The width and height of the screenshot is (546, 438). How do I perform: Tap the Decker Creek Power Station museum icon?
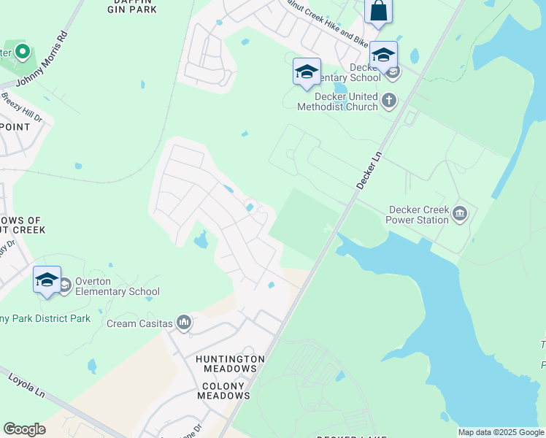(460, 213)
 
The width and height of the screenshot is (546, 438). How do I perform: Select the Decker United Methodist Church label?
(337, 101)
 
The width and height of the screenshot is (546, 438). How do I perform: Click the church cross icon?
(389, 100)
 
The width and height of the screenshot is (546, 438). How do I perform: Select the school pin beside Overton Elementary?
(47, 280)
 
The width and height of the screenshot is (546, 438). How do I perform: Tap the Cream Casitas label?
(139, 323)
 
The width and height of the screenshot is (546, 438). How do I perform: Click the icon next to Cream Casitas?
(184, 322)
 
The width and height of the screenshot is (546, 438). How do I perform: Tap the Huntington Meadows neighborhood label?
(230, 364)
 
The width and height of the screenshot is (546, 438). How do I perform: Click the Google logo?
(24, 429)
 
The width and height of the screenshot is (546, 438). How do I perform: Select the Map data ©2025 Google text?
(500, 432)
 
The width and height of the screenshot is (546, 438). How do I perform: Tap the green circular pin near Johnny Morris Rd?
(22, 52)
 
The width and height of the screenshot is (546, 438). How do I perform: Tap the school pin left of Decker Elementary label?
(307, 72)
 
